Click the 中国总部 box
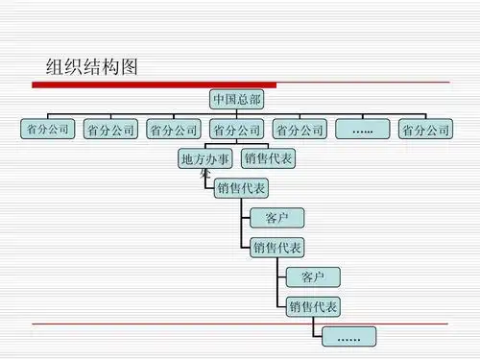[235, 98]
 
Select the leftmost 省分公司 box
[46, 129]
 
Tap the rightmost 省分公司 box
[424, 129]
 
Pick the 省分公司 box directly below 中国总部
[235, 129]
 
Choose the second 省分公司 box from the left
[109, 129]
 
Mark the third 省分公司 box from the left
[173, 129]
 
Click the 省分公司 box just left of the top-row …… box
[299, 129]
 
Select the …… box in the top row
[362, 129]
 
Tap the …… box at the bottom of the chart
[349, 336]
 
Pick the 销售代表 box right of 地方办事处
[268, 158]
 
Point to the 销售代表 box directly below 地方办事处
[242, 187]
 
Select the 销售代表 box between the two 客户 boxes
[276, 247]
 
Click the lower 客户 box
[313, 276]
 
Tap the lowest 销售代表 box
[313, 306]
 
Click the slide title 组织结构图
[92, 66]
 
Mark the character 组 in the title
[57, 66]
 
